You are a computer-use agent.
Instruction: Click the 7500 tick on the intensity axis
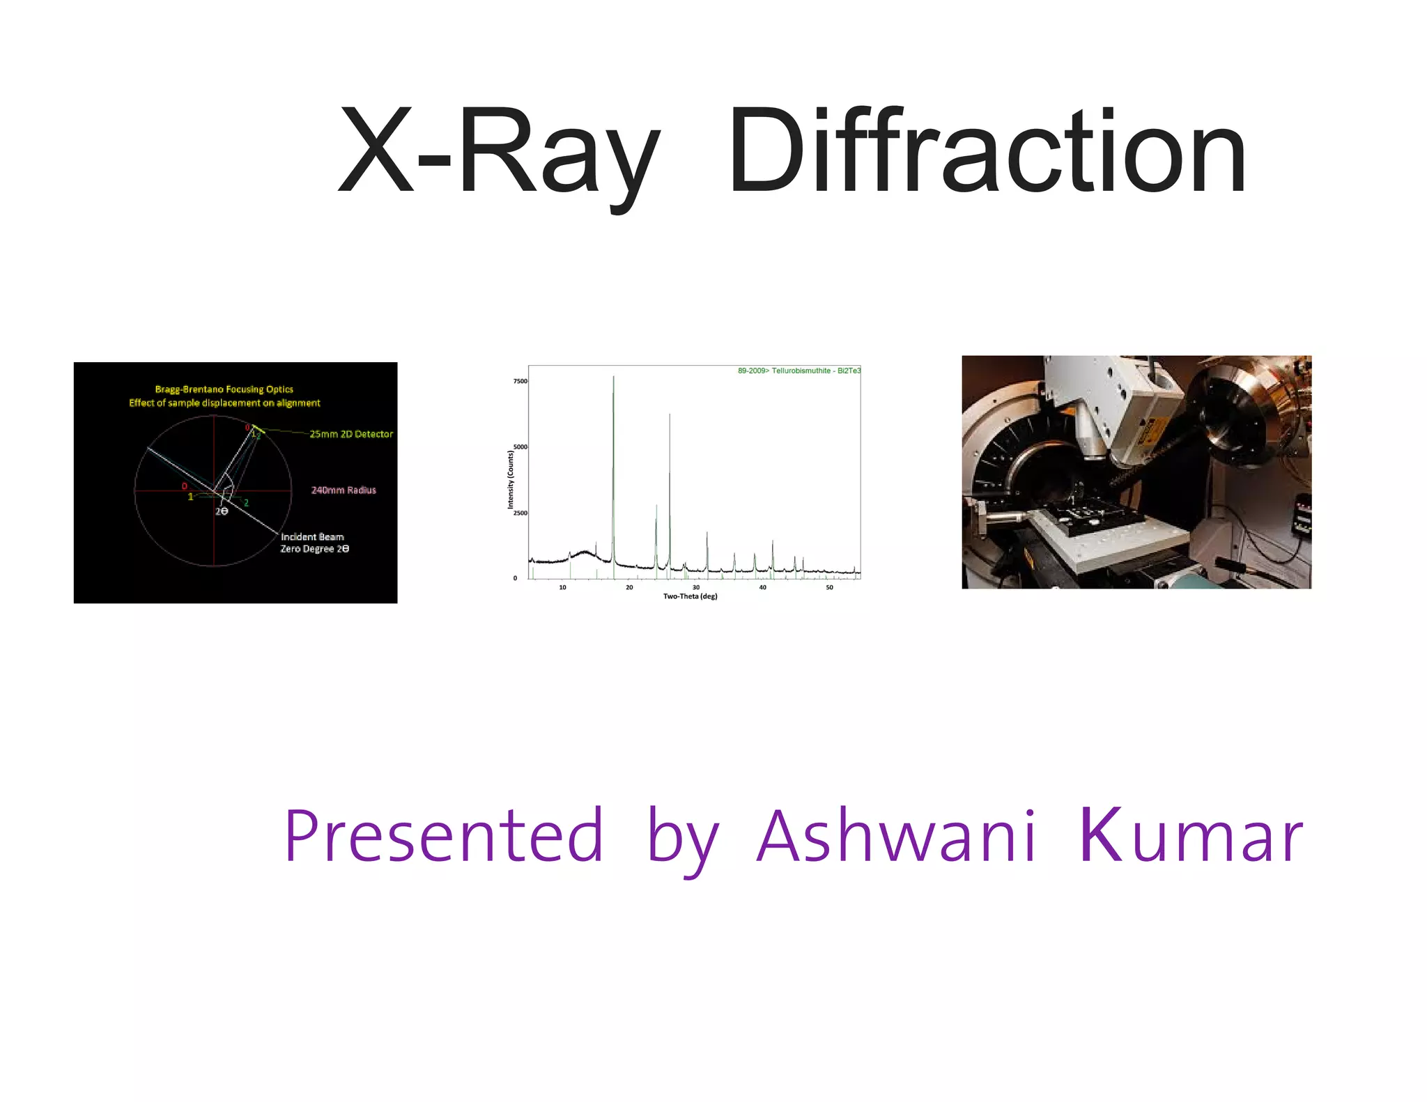(x=520, y=381)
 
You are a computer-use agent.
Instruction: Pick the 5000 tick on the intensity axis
(x=520, y=447)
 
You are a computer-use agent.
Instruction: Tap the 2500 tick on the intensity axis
(x=520, y=513)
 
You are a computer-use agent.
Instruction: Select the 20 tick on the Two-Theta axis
(x=629, y=587)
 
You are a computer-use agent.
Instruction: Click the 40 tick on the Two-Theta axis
(x=763, y=587)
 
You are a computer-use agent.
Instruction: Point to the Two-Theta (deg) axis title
(x=690, y=596)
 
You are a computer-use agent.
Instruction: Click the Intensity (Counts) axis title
(x=511, y=479)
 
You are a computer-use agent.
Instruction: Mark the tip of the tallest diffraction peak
(x=613, y=377)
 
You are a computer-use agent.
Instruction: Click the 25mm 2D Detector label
(x=351, y=434)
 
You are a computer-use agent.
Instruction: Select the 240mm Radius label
(x=344, y=490)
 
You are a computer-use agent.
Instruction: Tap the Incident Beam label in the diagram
(x=312, y=537)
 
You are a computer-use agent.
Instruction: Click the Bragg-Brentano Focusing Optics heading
(x=224, y=389)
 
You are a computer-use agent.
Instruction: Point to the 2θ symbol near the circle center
(x=222, y=511)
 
